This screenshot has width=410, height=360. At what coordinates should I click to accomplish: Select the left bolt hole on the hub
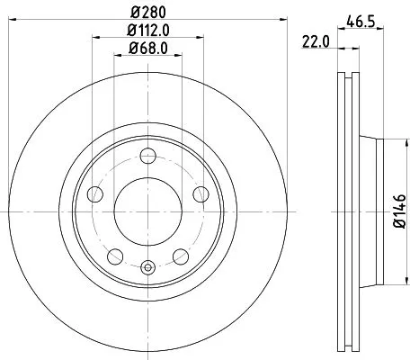(x=94, y=194)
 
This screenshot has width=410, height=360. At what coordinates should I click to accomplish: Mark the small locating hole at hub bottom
(x=148, y=266)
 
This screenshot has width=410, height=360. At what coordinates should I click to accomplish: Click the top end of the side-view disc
(x=349, y=71)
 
